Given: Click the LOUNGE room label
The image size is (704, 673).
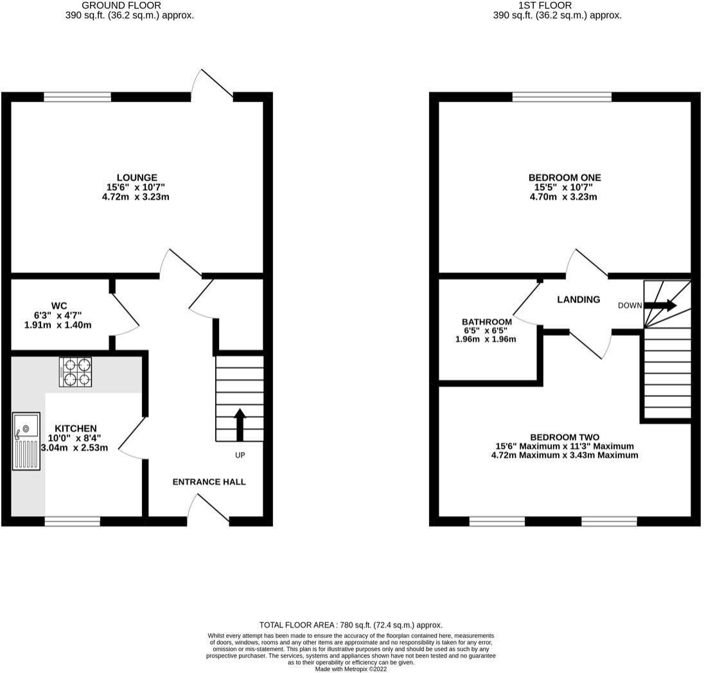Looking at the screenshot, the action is (x=137, y=178).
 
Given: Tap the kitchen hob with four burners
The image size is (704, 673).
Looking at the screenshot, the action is (x=75, y=372).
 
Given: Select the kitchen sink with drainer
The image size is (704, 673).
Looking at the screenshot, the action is (x=26, y=441).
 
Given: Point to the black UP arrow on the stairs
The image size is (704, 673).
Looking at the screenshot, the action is (x=240, y=424).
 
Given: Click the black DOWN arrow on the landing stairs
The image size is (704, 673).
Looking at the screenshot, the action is (x=660, y=305).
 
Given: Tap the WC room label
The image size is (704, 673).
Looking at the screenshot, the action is (x=59, y=306).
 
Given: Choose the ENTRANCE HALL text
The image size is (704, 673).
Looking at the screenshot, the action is (x=209, y=482).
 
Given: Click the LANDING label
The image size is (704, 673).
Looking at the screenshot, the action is (x=579, y=299).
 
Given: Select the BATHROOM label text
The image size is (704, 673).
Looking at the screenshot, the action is (x=487, y=322).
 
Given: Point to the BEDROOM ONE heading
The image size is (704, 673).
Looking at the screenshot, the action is (x=565, y=178).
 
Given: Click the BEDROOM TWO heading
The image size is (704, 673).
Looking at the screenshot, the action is (x=565, y=437).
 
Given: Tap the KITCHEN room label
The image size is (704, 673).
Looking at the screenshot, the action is (x=75, y=429).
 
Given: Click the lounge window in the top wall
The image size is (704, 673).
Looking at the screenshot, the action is (x=77, y=97).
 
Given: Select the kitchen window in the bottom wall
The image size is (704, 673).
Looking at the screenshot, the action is (x=73, y=521).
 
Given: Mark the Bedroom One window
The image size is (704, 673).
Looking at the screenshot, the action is (x=562, y=97).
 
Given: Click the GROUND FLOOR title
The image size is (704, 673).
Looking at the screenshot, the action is (x=121, y=5).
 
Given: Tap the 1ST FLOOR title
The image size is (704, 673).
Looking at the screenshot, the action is (x=545, y=5).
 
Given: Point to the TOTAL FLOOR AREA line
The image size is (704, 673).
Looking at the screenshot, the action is (x=351, y=625).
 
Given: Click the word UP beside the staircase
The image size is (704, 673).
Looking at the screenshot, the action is (x=240, y=455).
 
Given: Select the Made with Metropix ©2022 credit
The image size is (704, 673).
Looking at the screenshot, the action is (x=351, y=669).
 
